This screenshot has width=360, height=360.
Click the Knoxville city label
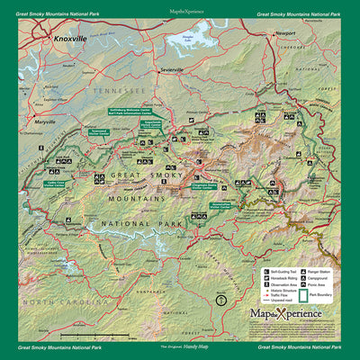point(69,40)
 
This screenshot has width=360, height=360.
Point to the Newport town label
point(285,32)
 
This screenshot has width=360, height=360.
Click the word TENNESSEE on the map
point(117,92)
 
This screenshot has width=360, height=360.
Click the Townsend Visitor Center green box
point(99,132)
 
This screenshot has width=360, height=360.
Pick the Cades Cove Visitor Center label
point(58,183)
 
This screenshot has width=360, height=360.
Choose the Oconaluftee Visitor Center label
point(228,205)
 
